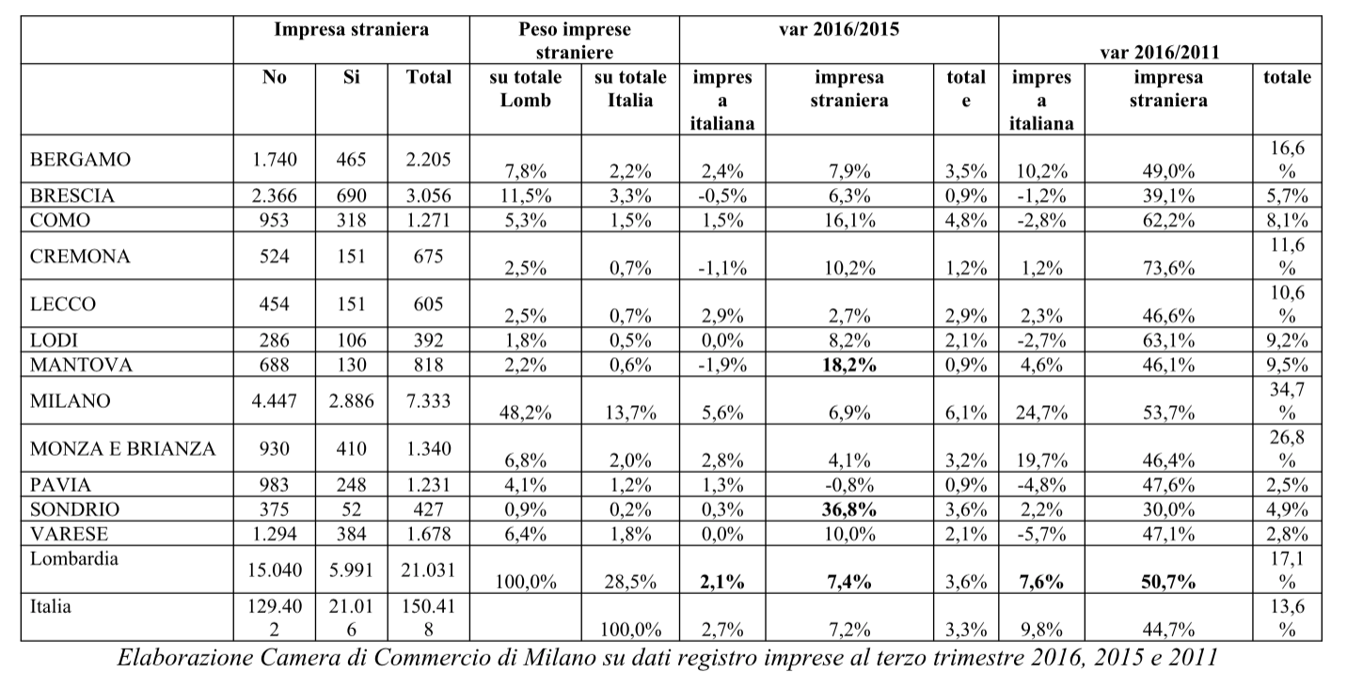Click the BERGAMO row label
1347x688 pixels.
tap(81, 160)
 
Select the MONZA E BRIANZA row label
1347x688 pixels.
tap(123, 449)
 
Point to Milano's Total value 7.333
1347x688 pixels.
tap(428, 400)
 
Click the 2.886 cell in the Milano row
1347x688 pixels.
tap(351, 400)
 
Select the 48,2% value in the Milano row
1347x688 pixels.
tap(525, 412)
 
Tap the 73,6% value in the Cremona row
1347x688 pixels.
tap(1168, 268)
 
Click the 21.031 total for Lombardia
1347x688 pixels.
tap(428, 570)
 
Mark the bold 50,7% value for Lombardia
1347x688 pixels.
tap(1168, 582)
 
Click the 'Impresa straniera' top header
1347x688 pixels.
tap(351, 29)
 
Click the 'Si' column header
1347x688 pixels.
tap(351, 77)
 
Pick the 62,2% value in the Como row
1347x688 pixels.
tap(1168, 220)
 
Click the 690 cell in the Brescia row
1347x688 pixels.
tap(351, 195)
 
